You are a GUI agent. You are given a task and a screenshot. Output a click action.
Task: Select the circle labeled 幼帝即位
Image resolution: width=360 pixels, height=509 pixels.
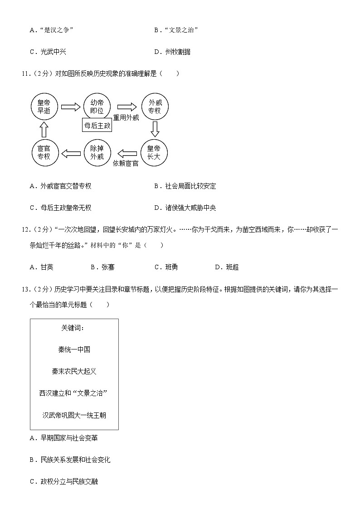tap(97, 107)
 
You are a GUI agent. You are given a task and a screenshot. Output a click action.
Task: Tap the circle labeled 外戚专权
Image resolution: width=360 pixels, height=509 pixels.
tap(155, 107)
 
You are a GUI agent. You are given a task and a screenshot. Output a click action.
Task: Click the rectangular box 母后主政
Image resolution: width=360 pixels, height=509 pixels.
tap(97, 126)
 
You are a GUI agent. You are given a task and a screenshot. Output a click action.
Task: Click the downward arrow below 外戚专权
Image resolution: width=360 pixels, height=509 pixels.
tap(155, 129)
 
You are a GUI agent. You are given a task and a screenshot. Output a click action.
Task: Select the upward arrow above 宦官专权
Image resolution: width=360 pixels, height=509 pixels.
tap(44, 130)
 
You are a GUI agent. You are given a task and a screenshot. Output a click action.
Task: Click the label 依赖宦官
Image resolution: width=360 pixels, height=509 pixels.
tap(126, 163)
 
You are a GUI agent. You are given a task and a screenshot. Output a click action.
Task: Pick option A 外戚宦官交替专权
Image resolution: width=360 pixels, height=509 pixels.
tap(60, 186)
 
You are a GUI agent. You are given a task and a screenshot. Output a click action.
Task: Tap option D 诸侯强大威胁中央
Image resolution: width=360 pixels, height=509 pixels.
tap(185, 208)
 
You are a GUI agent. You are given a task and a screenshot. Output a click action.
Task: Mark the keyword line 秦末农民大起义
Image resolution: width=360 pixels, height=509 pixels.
tap(74, 371)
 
